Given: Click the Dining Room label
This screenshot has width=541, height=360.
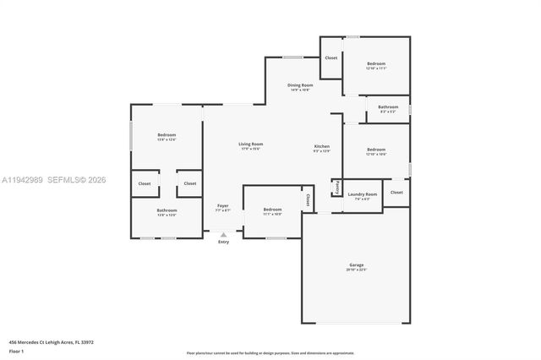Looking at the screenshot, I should tap(300, 85).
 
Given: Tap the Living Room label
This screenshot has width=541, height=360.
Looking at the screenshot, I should tap(250, 145).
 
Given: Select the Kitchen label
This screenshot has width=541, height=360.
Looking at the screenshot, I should tap(322, 146).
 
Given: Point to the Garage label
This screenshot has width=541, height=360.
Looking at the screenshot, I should tap(357, 265).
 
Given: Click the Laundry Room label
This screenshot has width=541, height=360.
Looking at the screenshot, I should tap(363, 194).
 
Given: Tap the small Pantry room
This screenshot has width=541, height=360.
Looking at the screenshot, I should tap(336, 187).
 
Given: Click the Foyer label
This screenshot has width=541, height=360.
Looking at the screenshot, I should tap(223, 205).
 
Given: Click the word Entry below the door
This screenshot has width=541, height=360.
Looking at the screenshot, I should tap(223, 243).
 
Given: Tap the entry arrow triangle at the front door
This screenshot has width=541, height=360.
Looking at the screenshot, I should tap(223, 235).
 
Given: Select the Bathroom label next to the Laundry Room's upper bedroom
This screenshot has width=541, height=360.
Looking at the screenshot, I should tap(388, 107).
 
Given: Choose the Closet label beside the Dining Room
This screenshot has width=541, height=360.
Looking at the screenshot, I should tap(331, 57).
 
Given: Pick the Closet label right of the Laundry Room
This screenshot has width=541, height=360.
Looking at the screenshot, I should tap(396, 192).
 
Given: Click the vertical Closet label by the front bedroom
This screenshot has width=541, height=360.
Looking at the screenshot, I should tap(308, 200).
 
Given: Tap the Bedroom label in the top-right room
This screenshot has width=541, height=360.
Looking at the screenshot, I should tap(376, 64).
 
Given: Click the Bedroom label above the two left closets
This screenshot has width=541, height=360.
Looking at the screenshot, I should tap(167, 135).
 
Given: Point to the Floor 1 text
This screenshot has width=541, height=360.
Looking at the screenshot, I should tap(16, 350).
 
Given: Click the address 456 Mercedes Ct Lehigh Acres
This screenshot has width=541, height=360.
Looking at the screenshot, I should tap(51, 342).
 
